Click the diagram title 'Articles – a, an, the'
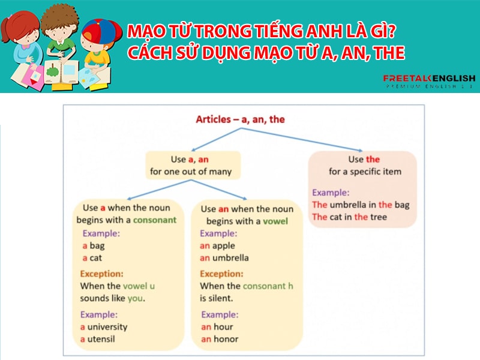240,119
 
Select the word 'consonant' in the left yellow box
155,220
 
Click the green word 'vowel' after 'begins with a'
275,221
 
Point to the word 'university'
107,327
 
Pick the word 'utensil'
102,339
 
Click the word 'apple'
224,245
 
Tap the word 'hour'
223,327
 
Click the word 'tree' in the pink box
379,217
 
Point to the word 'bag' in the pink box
401,205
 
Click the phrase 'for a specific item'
365,172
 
